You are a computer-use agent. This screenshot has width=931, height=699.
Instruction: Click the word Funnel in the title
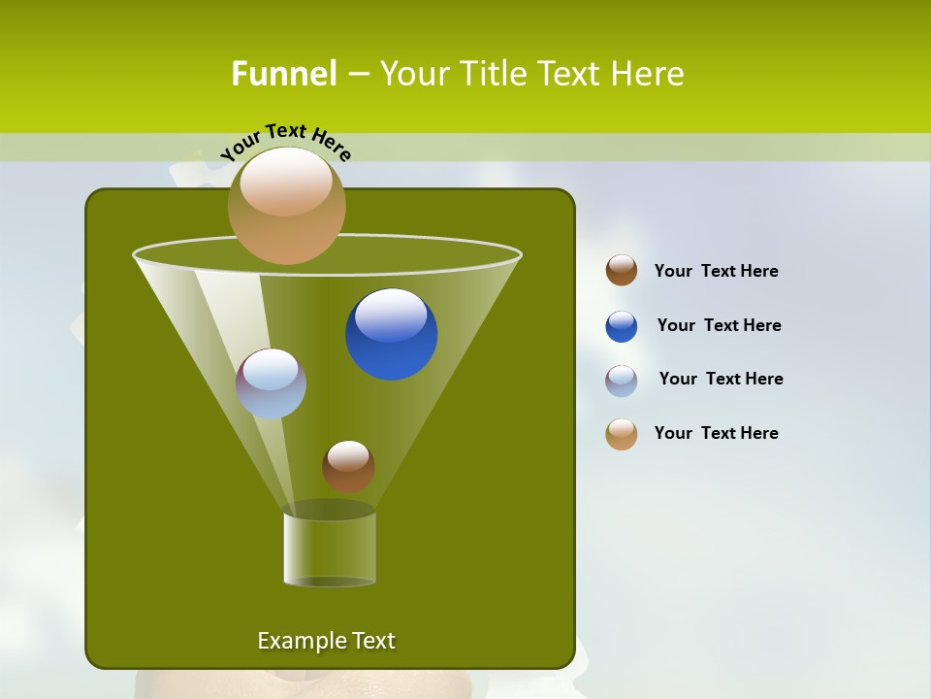[x=283, y=74]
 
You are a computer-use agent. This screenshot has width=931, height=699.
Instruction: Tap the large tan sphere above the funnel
[x=286, y=206]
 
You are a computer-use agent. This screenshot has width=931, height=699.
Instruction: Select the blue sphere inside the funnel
[x=391, y=335]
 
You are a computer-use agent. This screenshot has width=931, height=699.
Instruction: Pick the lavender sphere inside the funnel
[x=271, y=384]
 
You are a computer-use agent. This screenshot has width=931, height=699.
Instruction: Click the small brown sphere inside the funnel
[x=348, y=467]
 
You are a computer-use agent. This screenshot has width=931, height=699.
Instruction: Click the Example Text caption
[x=326, y=641]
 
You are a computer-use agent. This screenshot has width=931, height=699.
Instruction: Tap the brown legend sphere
[x=622, y=271]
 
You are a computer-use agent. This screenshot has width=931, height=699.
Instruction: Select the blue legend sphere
[x=622, y=326]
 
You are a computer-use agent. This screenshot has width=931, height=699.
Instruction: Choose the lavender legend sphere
[x=622, y=381]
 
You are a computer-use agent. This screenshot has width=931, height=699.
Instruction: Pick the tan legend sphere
[x=622, y=434]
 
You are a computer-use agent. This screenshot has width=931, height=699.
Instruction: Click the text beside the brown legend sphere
[x=716, y=272]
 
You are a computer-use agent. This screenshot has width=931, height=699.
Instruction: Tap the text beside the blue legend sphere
[x=719, y=326]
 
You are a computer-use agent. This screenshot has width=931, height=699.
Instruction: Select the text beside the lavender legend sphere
[x=721, y=380]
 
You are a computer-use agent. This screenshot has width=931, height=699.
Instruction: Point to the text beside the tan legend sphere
[x=716, y=434]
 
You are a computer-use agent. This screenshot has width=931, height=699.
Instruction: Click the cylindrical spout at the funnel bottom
[x=330, y=549]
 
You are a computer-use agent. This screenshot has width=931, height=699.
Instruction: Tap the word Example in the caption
[x=300, y=641]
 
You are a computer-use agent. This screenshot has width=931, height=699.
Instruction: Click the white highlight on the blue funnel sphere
[x=391, y=316]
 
